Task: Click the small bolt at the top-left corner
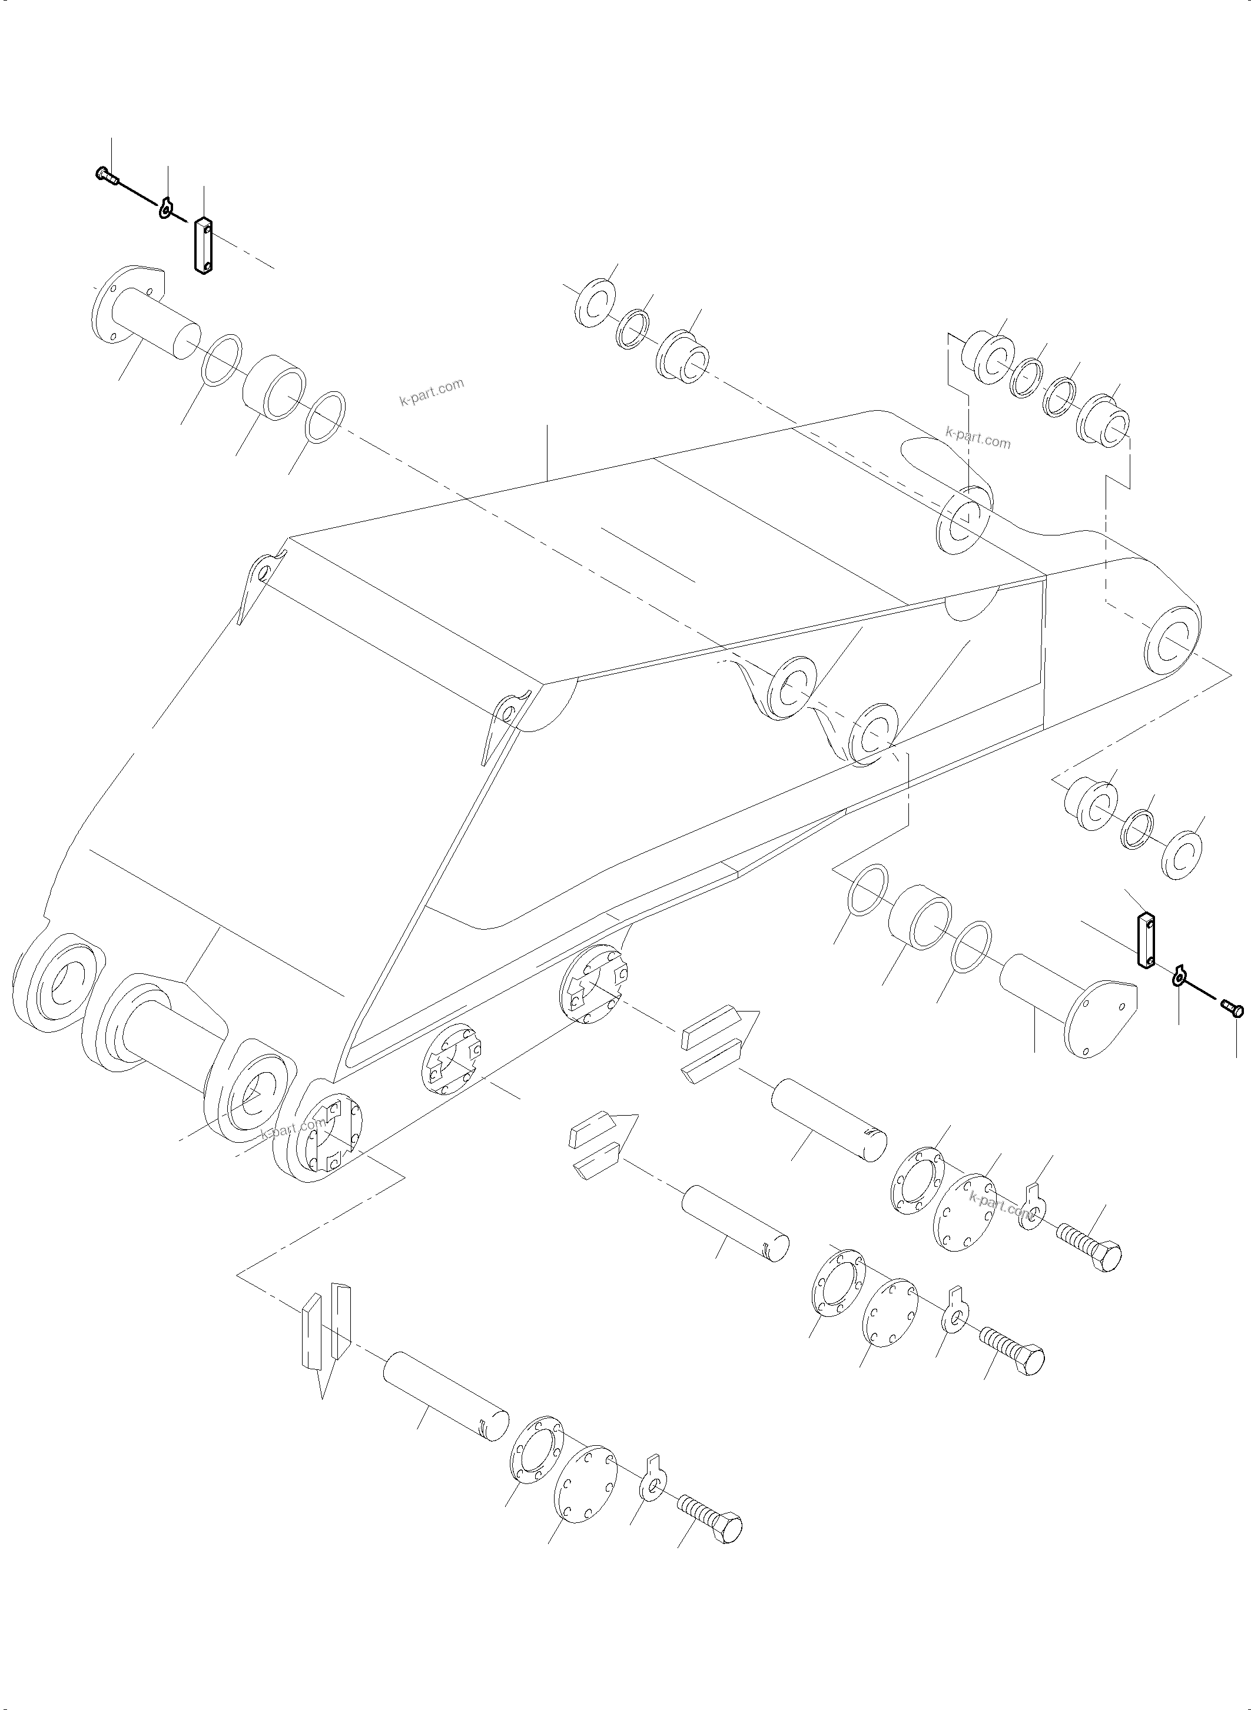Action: (107, 177)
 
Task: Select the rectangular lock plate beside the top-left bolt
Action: (203, 245)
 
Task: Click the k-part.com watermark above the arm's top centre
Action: (432, 391)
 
